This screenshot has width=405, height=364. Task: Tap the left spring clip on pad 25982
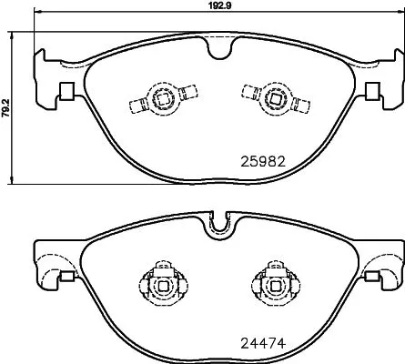tap(162, 99)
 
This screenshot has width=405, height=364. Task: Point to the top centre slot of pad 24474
tap(217, 220)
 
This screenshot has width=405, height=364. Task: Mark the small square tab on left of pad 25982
tap(66, 92)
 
